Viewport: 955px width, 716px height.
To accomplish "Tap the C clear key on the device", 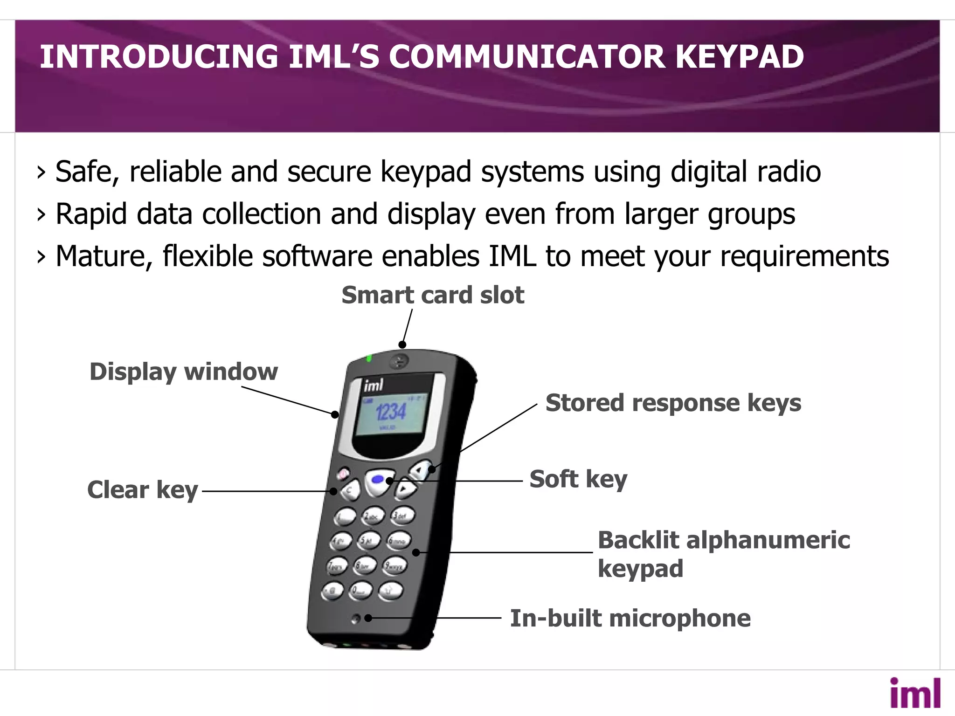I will coord(350,490).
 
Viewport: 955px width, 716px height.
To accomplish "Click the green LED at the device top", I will coord(369,358).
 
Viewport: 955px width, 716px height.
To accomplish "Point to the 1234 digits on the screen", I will coord(391,412).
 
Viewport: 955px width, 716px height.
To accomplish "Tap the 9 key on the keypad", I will coord(394,566).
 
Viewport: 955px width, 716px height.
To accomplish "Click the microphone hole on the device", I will coord(355,619).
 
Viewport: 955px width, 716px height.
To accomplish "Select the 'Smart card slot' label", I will coord(433,295).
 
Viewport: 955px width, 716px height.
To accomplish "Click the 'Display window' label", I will coord(184,372).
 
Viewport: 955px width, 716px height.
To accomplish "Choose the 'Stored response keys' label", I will coord(673,403).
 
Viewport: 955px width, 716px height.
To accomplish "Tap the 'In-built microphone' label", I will coord(630,619).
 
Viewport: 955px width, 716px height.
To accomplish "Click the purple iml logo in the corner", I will coord(915,693).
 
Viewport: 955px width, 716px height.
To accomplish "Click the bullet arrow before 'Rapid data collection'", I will coord(42,214).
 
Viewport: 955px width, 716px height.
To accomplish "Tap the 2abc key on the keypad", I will coord(374,516).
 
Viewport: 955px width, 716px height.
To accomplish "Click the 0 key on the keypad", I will coord(360,591).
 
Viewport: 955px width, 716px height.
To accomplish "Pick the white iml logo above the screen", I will coord(374,385).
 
